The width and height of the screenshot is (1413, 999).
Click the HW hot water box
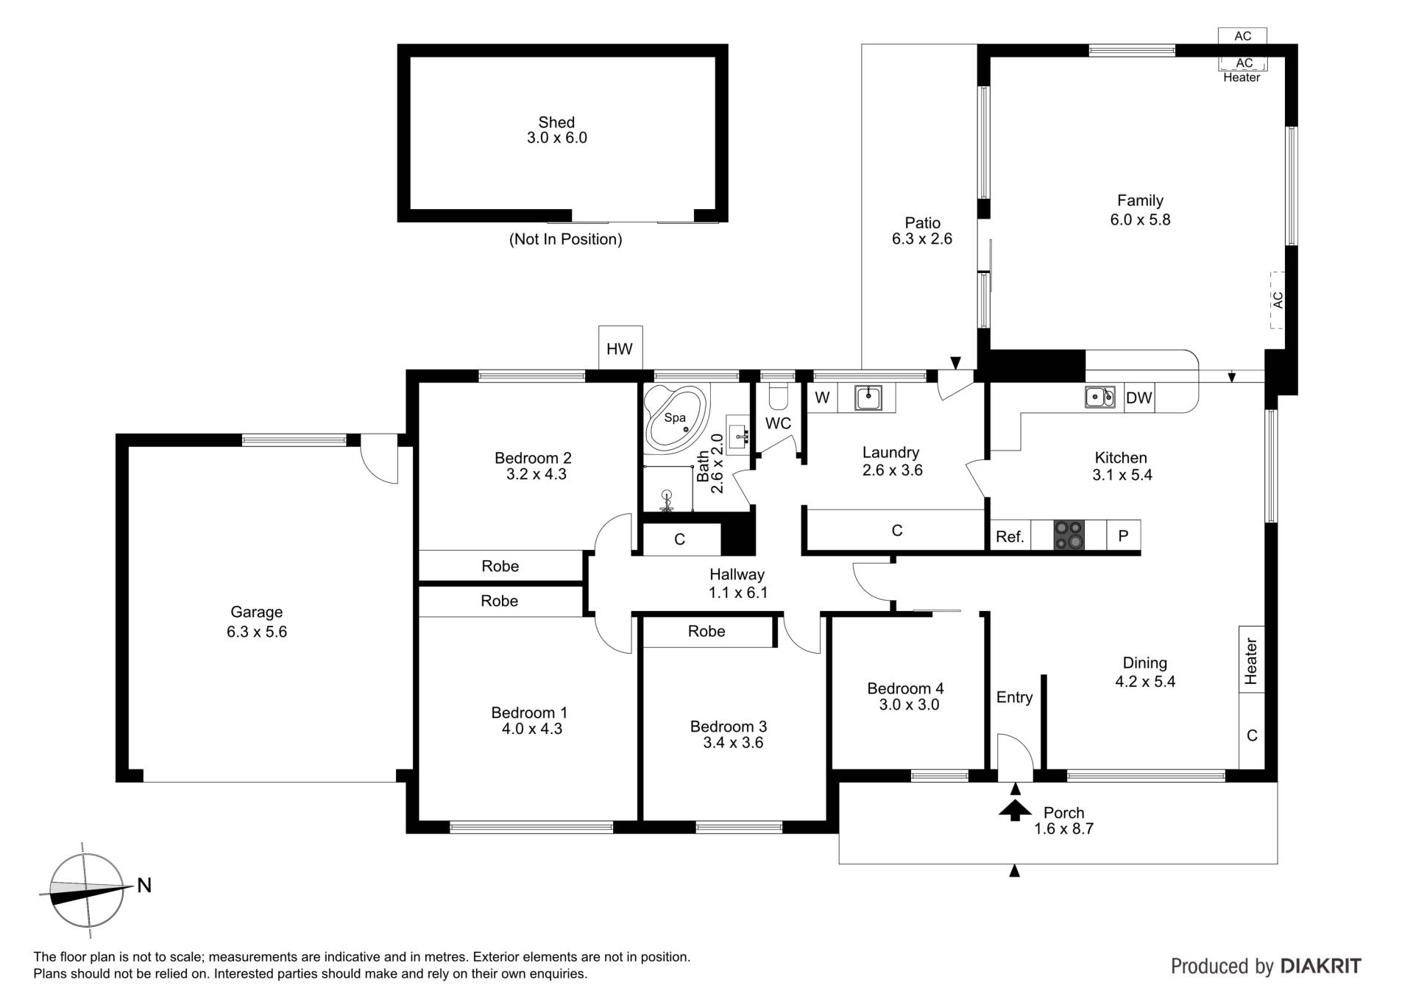pos(620,347)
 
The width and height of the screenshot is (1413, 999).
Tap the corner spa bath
pos(676,417)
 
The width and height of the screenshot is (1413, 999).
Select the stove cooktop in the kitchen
pos(1069,535)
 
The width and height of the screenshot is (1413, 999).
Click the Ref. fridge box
pos(1010,536)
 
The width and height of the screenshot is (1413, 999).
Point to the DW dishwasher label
pos(1138,398)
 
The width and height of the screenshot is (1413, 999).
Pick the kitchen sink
pos(1100,397)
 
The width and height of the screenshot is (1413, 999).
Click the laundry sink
pos(868,398)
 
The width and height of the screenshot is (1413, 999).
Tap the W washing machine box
pos(823,398)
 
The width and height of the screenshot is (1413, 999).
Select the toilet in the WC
pos(778,396)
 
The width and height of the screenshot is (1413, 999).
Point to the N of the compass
pos(144,885)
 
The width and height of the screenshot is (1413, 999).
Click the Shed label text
pos(556,122)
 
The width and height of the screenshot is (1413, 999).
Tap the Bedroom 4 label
pos(905,688)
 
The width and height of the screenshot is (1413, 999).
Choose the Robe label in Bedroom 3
pos(706,631)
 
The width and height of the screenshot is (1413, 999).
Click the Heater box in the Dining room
pos(1251,660)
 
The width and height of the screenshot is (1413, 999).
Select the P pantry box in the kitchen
pos(1123,536)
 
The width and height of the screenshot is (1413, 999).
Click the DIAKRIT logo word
pos(1321,966)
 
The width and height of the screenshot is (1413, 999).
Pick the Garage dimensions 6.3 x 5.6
pos(257,632)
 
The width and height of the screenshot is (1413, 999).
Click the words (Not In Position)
pos(565,239)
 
